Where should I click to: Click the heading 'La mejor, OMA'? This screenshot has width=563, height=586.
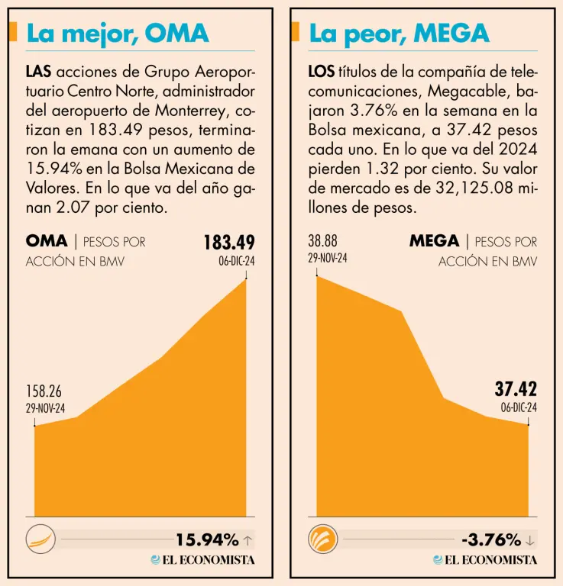click(117, 33)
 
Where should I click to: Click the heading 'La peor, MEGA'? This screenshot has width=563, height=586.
click(399, 33)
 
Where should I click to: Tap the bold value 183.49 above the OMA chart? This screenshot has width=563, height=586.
click(228, 243)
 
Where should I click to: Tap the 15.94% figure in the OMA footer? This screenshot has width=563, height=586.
click(207, 540)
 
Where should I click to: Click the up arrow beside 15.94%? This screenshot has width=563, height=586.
click(248, 541)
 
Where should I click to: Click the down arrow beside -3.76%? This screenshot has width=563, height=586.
click(530, 541)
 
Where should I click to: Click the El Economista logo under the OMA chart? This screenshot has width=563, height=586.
click(202, 560)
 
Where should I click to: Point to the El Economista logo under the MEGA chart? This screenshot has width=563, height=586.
click(485, 560)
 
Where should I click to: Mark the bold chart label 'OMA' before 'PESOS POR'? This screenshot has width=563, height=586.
click(47, 241)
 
